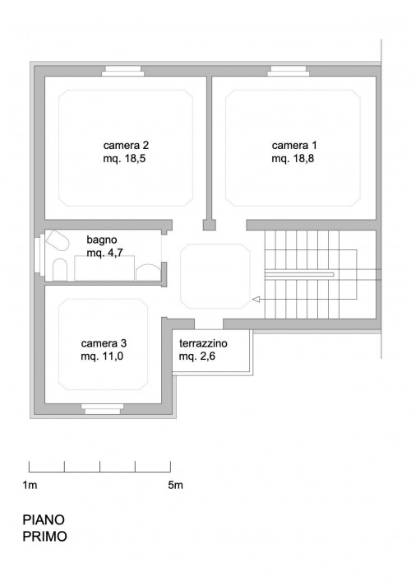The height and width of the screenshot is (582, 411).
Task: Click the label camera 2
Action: point(126,145)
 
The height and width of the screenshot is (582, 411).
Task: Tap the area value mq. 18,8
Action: point(293,159)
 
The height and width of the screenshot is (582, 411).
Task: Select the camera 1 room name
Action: point(294,145)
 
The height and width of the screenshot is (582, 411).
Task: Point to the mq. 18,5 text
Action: point(124,159)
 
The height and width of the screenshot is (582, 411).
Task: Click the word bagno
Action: point(102,240)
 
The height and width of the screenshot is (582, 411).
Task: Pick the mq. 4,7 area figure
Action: point(105,253)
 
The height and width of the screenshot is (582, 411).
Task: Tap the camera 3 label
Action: point(104,343)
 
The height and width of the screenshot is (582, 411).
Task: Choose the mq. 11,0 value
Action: point(102,356)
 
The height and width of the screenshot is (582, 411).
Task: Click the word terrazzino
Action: point(203,343)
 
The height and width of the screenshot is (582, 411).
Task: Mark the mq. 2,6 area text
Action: point(197,356)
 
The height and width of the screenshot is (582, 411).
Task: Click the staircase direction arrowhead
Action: point(256,299)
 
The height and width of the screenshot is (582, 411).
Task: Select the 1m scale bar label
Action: point(30,485)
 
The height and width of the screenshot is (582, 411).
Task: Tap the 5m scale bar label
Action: point(175,485)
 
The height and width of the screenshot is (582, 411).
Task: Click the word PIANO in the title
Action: point(44,519)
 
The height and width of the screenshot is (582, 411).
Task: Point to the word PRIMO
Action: point(45,537)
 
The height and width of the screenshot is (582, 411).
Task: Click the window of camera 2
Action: point(122,71)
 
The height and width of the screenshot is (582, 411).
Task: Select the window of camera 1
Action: point(289,71)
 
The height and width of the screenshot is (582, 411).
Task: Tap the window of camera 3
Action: point(102,409)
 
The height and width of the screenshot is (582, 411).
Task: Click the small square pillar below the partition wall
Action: point(210,225)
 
